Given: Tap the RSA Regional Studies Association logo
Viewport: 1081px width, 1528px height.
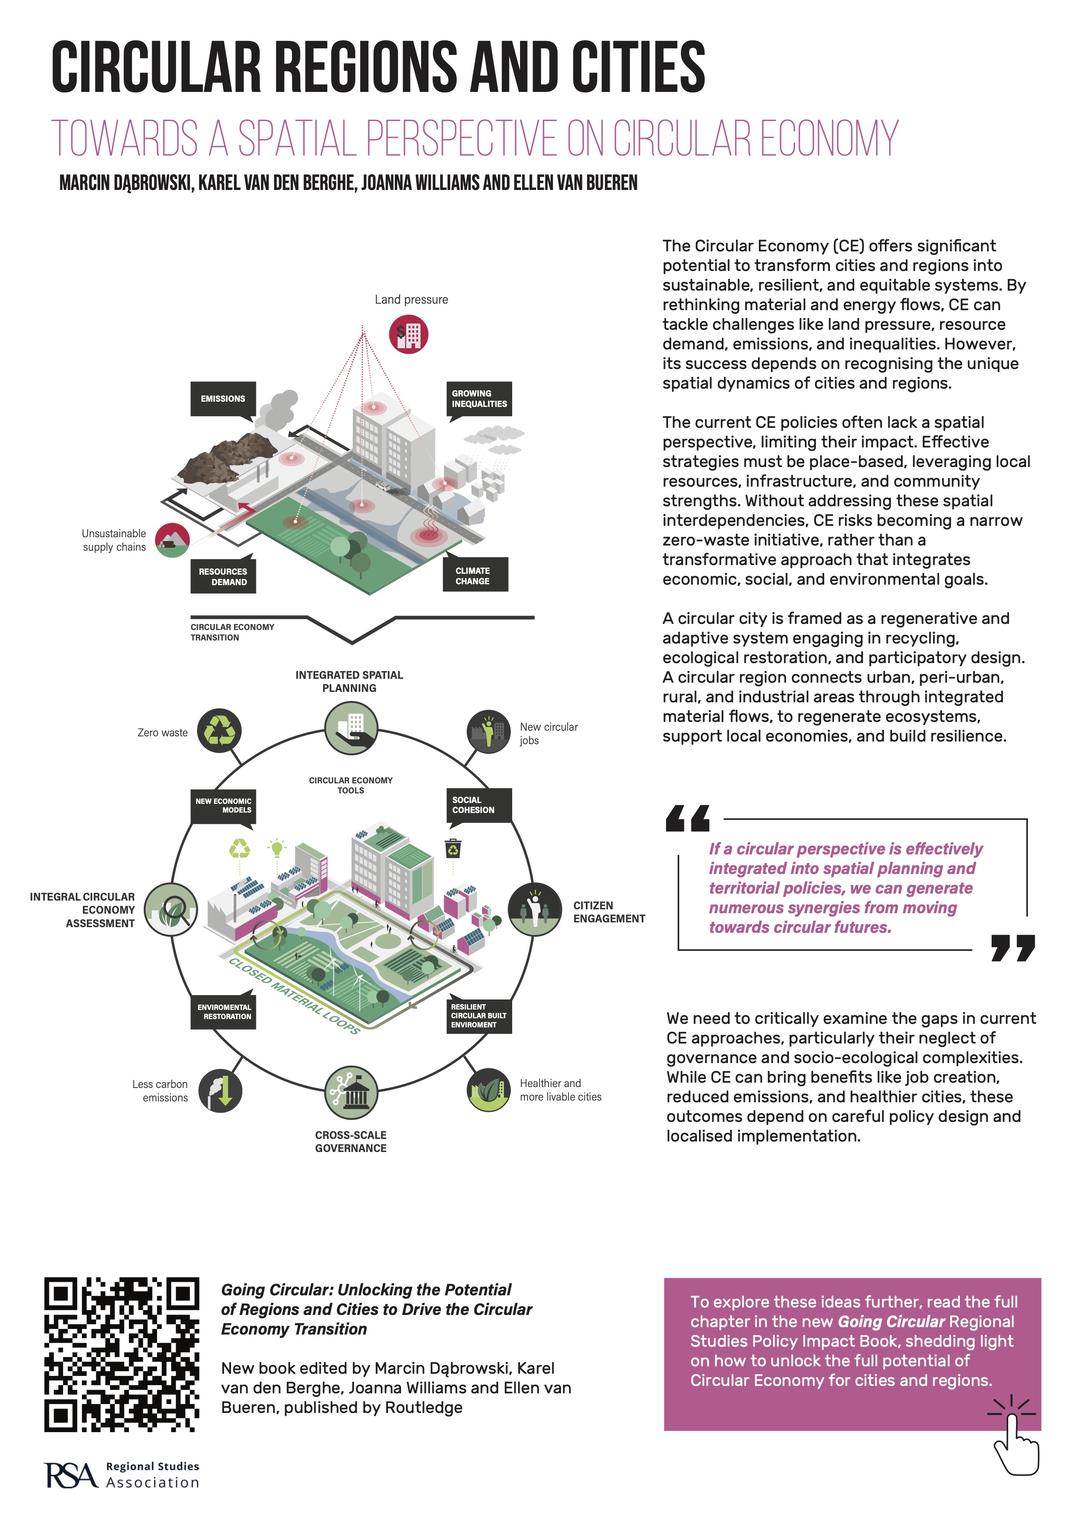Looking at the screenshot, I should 122,1475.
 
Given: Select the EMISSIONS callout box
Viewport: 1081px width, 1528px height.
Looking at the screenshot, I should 223,399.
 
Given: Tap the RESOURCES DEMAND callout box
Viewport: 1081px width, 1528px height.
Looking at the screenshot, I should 223,577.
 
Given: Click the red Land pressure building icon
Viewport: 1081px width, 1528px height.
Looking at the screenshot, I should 409,335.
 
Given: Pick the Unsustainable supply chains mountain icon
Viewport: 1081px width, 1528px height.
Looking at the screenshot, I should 173,540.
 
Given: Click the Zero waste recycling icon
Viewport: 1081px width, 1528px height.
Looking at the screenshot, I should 220,731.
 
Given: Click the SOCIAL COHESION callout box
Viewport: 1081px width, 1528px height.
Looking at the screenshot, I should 479,805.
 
